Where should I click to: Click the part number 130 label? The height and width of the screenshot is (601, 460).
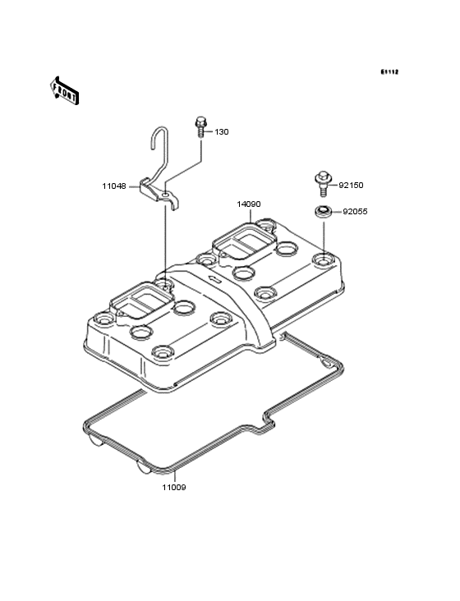pos(222,132)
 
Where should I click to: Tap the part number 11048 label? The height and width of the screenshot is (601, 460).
pos(114,186)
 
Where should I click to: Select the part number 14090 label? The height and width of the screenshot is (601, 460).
pos(248,204)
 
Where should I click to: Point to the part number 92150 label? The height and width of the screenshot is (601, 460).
pos(351,185)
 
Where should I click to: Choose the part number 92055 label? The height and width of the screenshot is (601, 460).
pos(355,212)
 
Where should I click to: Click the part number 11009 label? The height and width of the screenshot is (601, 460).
pos(173,488)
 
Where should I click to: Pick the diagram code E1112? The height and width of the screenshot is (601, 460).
pos(389,71)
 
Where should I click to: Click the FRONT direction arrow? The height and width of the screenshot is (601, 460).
pos(64,90)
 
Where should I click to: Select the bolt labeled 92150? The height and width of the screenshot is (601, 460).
pos(323,184)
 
